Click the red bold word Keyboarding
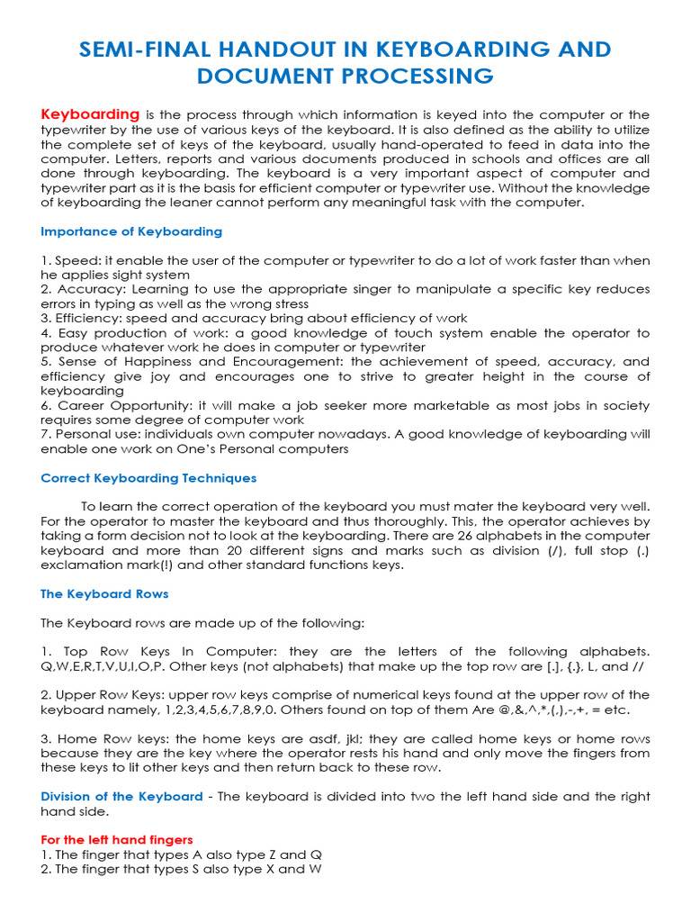click(90, 114)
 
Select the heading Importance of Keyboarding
click(131, 231)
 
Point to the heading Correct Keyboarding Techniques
click(148, 478)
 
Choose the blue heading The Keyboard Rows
click(104, 593)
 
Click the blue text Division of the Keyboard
click(121, 797)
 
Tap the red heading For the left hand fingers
click(117, 840)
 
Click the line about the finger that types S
click(181, 869)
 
